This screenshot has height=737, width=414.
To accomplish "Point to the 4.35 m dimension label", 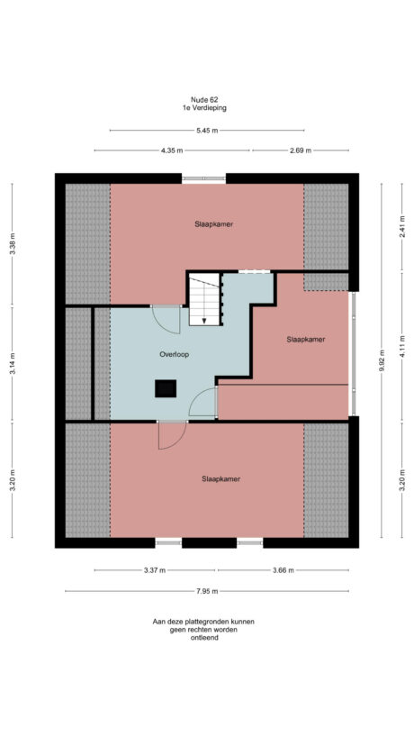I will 172,150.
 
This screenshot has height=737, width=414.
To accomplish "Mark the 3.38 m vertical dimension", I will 13,244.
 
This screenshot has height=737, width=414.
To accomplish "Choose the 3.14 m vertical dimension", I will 13,363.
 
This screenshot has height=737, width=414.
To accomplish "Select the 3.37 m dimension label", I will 154,569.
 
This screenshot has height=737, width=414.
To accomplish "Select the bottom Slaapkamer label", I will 220,479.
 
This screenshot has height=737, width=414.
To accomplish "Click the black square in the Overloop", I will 166,388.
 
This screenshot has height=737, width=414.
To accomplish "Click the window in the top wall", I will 203,178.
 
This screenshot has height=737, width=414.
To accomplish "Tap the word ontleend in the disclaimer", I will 203,638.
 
